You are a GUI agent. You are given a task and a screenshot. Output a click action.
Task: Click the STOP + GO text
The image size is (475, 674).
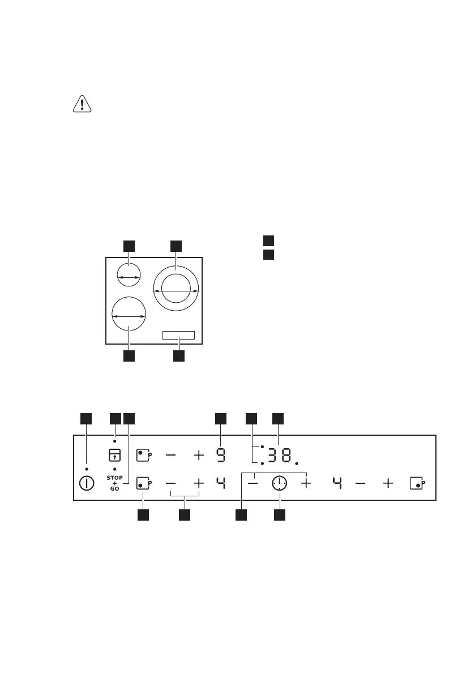(114, 483)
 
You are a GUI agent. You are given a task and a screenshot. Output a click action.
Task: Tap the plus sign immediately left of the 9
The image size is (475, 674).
(199, 454)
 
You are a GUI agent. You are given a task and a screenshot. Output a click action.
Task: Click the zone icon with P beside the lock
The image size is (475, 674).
(144, 454)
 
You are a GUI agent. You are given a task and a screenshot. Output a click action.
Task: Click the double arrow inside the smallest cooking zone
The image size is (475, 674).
(129, 277)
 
